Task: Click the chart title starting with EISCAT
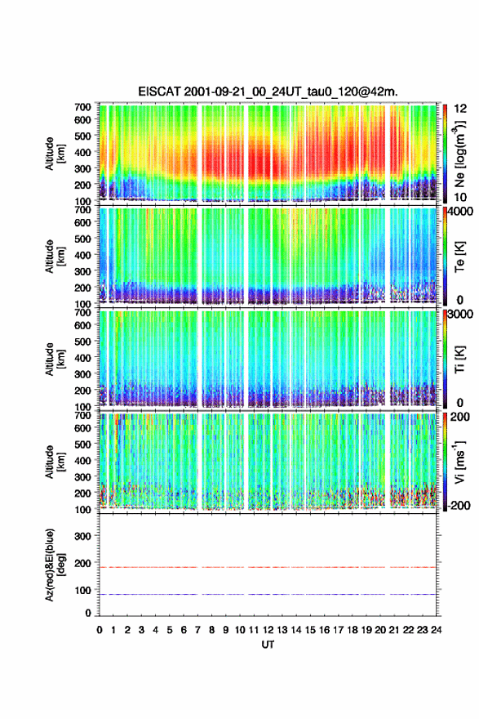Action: click(268, 92)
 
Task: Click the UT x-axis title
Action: click(268, 645)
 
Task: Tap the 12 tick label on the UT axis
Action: click(268, 630)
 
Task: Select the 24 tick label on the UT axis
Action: click(436, 630)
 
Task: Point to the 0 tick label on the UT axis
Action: click(100, 630)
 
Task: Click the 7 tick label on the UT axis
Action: click(197, 630)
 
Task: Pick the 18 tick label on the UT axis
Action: click(353, 630)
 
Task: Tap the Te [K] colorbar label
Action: click(459, 257)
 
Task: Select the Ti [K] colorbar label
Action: click(459, 359)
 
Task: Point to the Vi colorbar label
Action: click(459, 462)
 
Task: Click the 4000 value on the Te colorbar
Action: click(461, 212)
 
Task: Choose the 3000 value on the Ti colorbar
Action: click(461, 314)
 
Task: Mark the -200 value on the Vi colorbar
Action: click(459, 505)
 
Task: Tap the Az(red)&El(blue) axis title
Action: click(55, 565)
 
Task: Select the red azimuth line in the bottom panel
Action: click(268, 567)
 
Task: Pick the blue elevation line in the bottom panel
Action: click(268, 594)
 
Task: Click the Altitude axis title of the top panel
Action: click(55, 154)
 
